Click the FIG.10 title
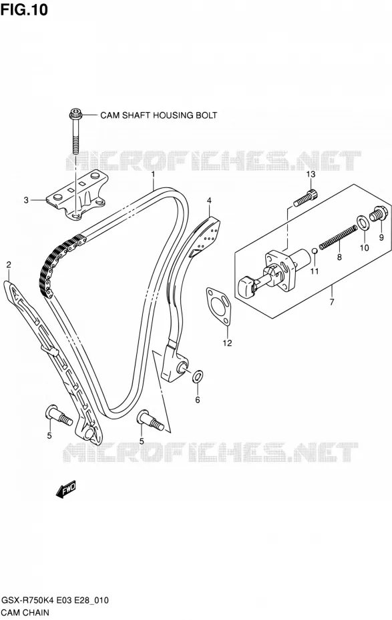[x=24, y=9]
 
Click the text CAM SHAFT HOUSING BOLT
[x=158, y=115]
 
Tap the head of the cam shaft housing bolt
[x=74, y=113]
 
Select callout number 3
[x=26, y=200]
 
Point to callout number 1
[x=152, y=174]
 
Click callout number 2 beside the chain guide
[x=9, y=265]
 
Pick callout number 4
[x=208, y=201]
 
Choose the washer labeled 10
[x=363, y=223]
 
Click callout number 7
[x=332, y=302]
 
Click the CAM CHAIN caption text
[x=26, y=613]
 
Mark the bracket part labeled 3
[x=76, y=196]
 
